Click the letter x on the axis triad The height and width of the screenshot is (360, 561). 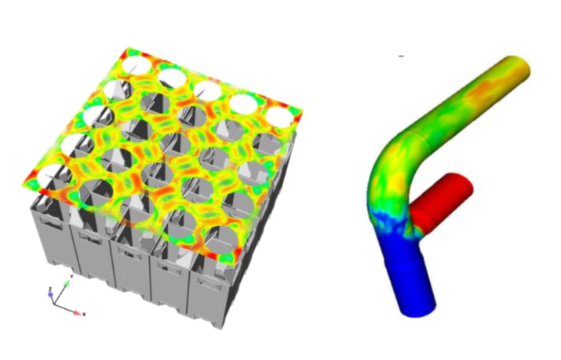click(x=84, y=314)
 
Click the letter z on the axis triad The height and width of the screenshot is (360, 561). click(x=50, y=288)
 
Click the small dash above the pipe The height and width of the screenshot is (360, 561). click(x=401, y=56)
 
